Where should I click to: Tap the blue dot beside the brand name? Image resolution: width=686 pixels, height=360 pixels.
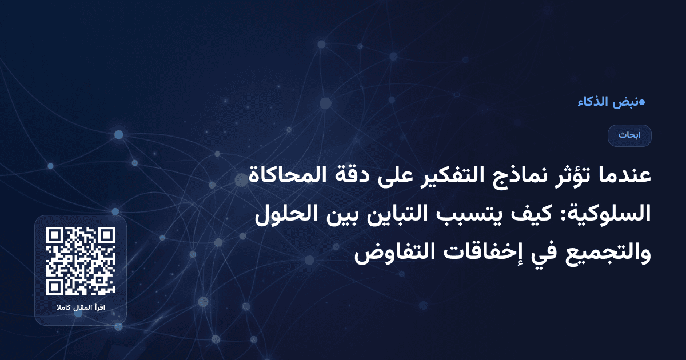(x=642, y=103)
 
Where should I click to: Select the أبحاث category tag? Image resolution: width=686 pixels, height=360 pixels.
(x=629, y=135)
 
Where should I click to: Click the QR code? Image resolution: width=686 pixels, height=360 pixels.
(x=81, y=261)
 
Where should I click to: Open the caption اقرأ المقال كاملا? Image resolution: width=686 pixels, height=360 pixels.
(x=81, y=309)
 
